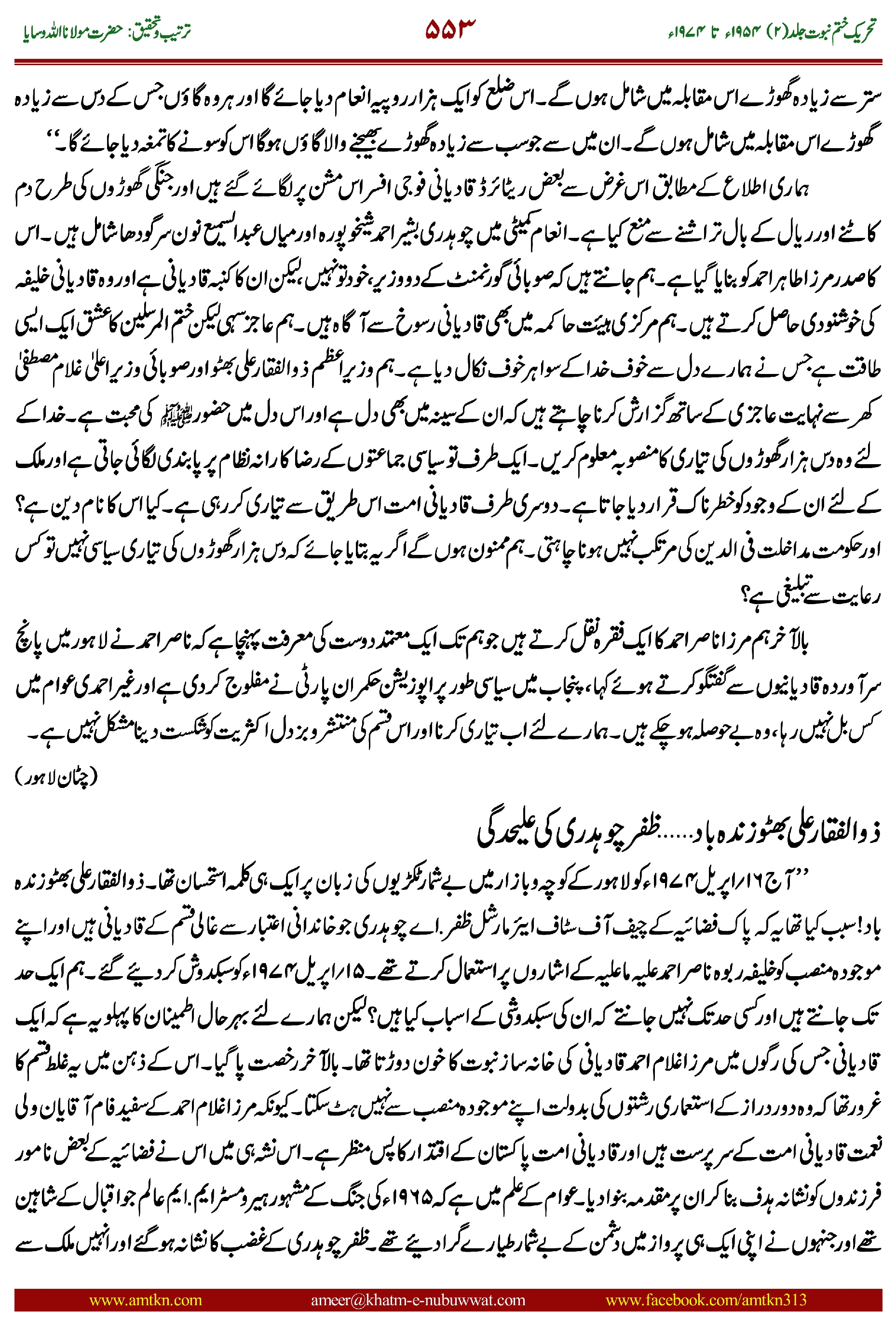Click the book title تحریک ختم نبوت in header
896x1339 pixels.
coord(831,31)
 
